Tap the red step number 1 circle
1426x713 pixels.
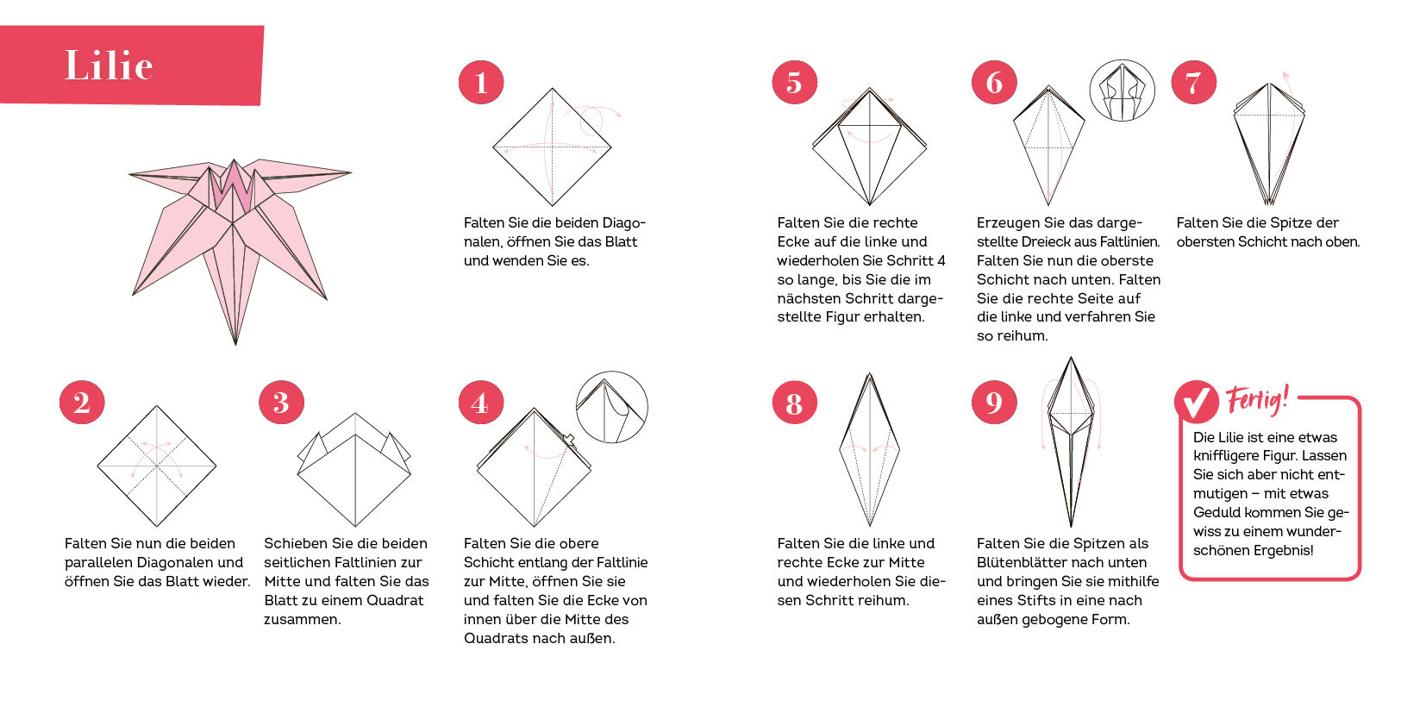tap(481, 82)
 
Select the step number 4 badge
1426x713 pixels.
tap(481, 403)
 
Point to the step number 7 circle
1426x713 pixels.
tap(1193, 82)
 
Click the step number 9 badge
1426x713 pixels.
tap(994, 403)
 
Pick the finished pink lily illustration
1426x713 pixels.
tap(239, 251)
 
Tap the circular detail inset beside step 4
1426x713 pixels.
tap(612, 407)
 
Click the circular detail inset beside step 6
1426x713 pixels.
tap(1122, 91)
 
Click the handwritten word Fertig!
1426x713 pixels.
tap(1257, 399)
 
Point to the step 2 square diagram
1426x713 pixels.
tap(157, 466)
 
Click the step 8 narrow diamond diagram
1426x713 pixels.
tap(870, 449)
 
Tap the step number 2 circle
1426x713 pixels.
tap(82, 403)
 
